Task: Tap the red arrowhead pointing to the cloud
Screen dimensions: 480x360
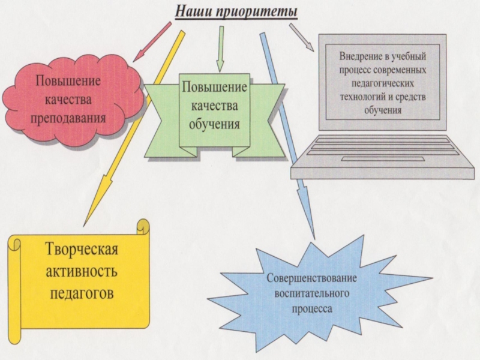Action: point(139,56)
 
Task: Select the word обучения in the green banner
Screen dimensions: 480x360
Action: point(215,125)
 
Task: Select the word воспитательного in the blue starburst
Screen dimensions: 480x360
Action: point(311,295)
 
